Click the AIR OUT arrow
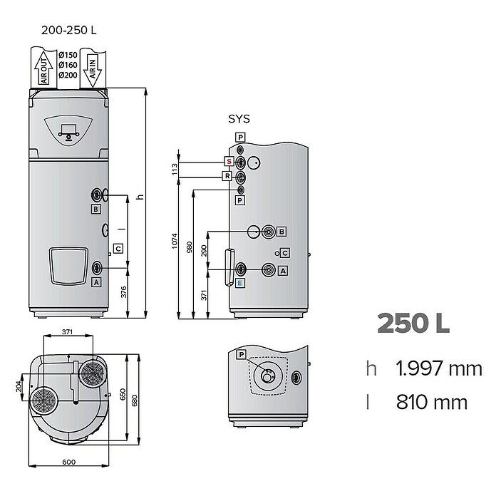(x=43, y=68)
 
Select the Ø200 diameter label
(x=68, y=75)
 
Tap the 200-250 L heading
(x=68, y=30)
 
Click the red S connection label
(x=229, y=161)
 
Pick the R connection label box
(x=227, y=176)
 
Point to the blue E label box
(x=239, y=283)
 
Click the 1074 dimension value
(x=175, y=241)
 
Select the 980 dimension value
(x=189, y=247)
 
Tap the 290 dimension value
(x=204, y=251)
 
